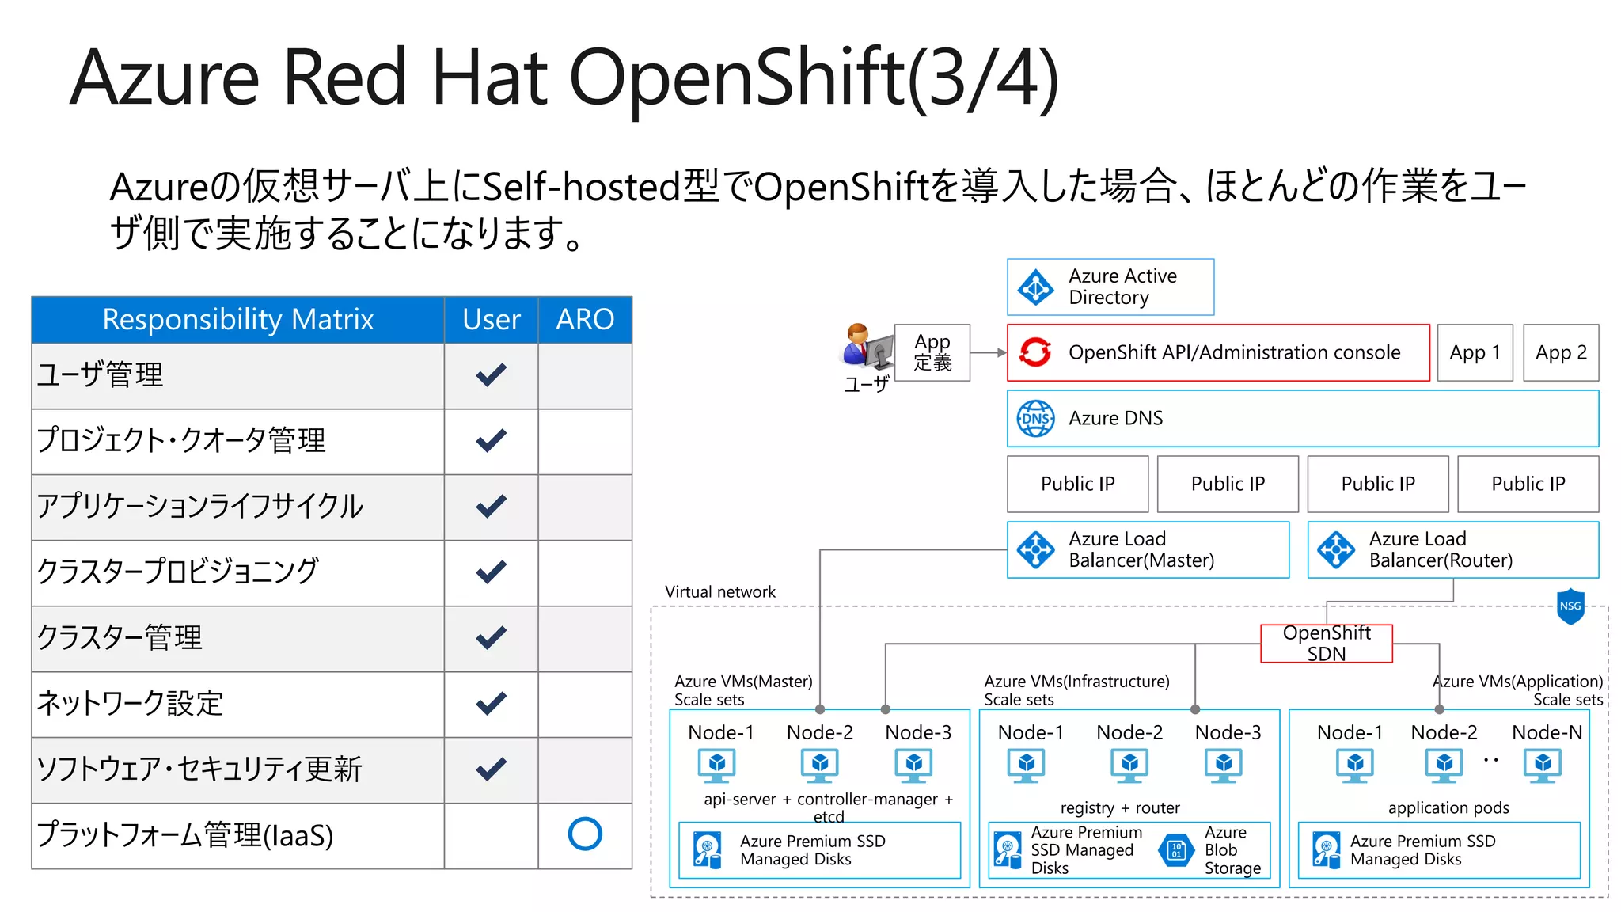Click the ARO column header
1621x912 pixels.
coord(585,319)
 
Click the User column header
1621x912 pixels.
coord(491,319)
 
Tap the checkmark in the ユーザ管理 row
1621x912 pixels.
coord(491,374)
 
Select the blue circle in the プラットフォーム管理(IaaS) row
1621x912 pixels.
coord(585,834)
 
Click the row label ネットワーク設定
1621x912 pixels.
coord(131,703)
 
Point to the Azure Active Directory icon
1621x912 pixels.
coord(1035,287)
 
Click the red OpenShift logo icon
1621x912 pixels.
coord(1035,352)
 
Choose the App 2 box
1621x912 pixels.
coord(1560,352)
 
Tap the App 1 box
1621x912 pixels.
coord(1474,352)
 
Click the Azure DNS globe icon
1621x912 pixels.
coord(1035,418)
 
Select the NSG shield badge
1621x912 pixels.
coord(1570,606)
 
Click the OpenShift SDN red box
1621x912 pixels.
coord(1326,643)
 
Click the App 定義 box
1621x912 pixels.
coord(932,352)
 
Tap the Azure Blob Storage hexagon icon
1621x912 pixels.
coord(1176,850)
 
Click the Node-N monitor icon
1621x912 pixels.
coord(1543,765)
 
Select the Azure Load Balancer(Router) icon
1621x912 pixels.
coord(1336,549)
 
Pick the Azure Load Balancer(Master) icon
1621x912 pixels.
coord(1035,549)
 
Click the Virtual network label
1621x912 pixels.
coord(720,591)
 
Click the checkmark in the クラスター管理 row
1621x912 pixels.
coord(491,637)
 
